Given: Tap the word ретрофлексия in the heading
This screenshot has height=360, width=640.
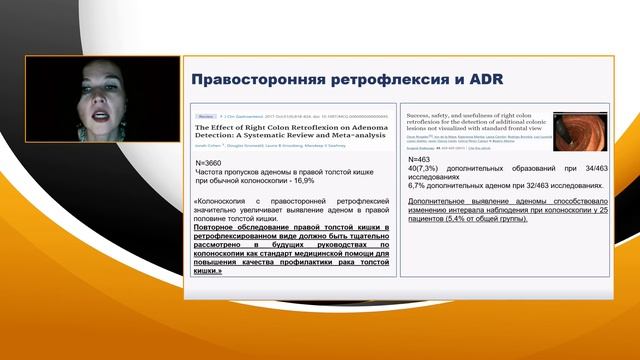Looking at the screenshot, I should (x=373, y=79).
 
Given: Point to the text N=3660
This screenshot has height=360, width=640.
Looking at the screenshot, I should (x=211, y=162).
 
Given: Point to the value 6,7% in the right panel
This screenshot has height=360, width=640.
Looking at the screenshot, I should (x=420, y=187).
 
